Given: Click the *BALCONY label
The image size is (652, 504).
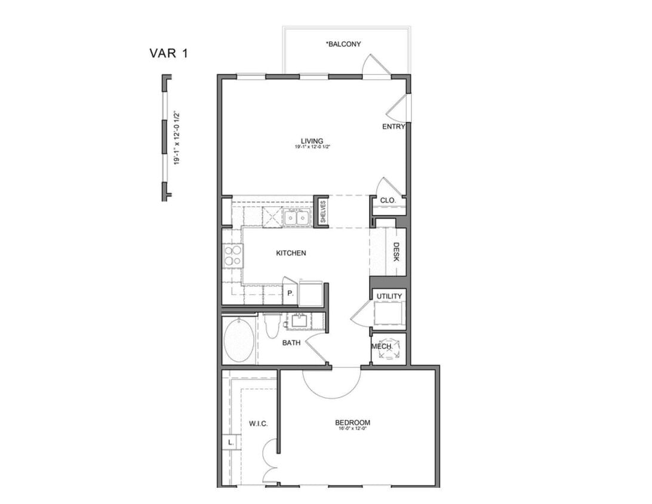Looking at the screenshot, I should (x=343, y=44).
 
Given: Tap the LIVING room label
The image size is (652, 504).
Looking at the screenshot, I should (x=312, y=141).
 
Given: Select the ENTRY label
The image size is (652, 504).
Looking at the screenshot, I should (x=393, y=127).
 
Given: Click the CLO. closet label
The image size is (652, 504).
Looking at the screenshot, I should (x=387, y=201).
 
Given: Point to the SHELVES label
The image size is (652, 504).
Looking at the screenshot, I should (x=322, y=212).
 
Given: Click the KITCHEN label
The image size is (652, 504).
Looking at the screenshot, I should (x=291, y=253).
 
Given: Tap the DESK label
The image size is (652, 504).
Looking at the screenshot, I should (x=396, y=252).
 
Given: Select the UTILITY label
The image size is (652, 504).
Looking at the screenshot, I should (x=389, y=296).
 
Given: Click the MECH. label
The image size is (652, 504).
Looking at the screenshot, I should (x=382, y=347).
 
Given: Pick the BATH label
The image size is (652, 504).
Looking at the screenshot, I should (x=291, y=343).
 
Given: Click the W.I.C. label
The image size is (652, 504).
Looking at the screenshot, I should (x=258, y=423).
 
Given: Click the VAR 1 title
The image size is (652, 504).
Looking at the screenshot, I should (x=168, y=53).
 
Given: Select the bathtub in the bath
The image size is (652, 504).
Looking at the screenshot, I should (x=238, y=340).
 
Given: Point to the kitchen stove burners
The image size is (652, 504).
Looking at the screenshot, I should (x=232, y=255).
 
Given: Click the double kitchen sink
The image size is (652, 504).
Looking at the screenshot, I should (x=297, y=217).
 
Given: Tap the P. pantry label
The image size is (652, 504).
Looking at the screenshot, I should (x=290, y=294).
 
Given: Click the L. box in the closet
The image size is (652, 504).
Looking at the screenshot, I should (x=230, y=442).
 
